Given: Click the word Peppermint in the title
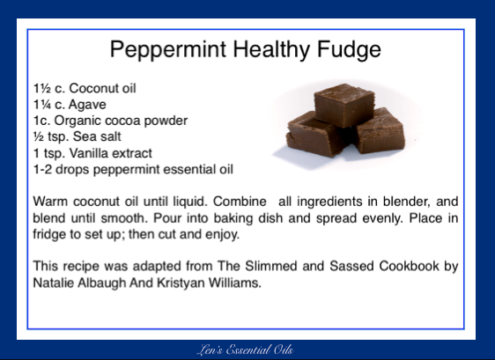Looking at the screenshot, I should pyautogui.click(x=164, y=49).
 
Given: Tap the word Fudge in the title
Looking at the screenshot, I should pyautogui.click(x=347, y=49).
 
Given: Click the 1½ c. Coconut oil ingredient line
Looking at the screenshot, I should pyautogui.click(x=85, y=88).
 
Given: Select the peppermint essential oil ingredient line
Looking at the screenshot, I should pyautogui.click(x=133, y=167).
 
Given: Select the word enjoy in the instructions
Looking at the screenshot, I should pyautogui.click(x=221, y=234).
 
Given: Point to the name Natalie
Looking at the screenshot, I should pyautogui.click(x=54, y=282).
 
